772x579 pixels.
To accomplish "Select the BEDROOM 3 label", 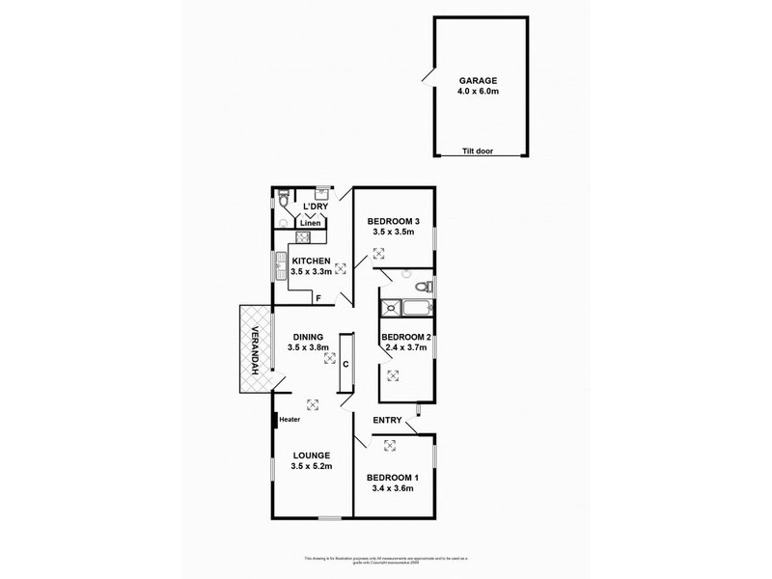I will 393,219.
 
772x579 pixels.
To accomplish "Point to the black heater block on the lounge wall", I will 274,419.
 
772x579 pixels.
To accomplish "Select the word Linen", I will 310,224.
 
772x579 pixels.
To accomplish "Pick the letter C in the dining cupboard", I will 345,365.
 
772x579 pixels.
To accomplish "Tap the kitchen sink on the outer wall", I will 279,263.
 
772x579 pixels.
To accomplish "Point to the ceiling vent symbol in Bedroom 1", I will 391,444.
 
